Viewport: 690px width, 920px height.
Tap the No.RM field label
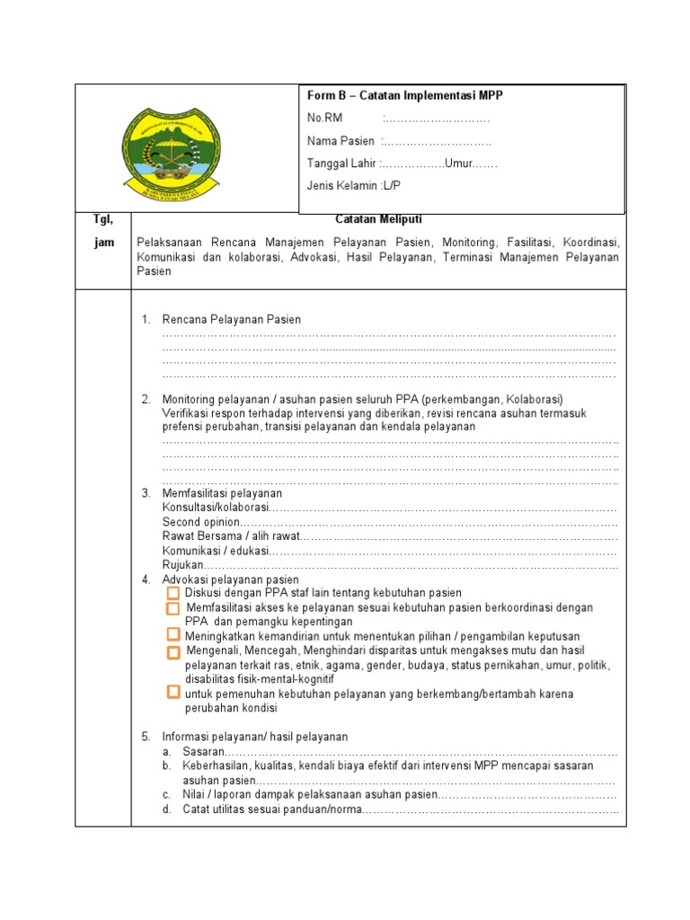(325, 118)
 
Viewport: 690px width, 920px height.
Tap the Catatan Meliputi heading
(378, 219)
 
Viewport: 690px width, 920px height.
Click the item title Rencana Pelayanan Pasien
(231, 320)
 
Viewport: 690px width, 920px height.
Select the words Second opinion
(201, 522)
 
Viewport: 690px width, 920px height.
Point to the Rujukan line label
(183, 565)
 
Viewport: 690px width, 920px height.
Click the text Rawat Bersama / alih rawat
(231, 536)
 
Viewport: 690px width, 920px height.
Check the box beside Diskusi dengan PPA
(173, 594)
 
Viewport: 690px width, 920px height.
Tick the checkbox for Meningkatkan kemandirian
(173, 635)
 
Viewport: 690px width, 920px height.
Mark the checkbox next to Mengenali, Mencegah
(173, 650)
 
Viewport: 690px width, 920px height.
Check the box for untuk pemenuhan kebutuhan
(173, 693)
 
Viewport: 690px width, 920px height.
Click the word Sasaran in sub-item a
(202, 751)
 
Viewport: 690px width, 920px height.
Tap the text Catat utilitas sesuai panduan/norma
(270, 809)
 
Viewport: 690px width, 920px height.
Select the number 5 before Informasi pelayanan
(146, 737)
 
